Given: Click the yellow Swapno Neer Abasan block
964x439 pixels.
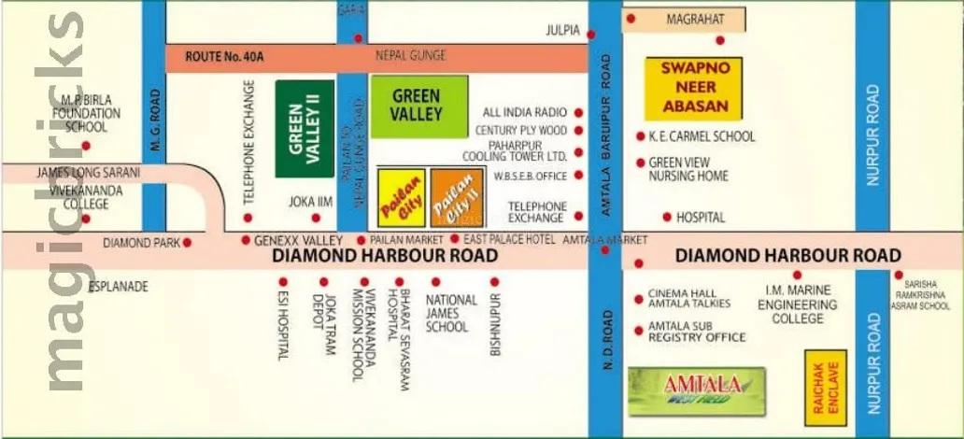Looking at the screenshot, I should (693, 89).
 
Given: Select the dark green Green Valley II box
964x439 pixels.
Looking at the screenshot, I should (305, 129).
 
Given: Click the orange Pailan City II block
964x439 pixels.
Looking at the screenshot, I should (458, 198).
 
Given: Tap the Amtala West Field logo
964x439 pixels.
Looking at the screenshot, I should (696, 390).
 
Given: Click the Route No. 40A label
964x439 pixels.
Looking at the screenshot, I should (224, 57).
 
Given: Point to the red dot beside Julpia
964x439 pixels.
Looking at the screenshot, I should (591, 35).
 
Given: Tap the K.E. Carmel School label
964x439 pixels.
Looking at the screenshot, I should (702, 136).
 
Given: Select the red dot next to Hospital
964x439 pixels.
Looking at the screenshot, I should (667, 218).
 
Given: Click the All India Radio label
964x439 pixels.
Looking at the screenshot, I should (525, 112).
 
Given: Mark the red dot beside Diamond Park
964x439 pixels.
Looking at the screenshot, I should (187, 243).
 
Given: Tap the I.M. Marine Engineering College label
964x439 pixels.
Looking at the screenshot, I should (797, 305).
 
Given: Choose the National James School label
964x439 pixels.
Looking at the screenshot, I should (451, 313).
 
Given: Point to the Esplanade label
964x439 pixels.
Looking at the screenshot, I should (118, 287).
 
